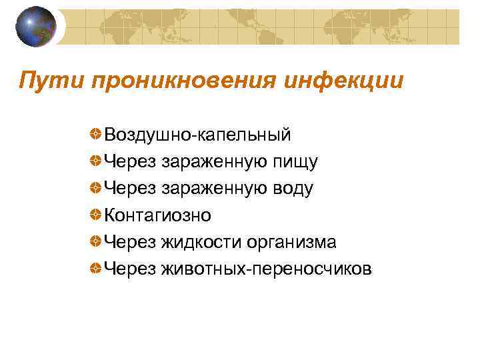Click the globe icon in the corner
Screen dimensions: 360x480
[x=36, y=26]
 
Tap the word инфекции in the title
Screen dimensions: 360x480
[x=345, y=82]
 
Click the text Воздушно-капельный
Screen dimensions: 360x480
[x=197, y=135]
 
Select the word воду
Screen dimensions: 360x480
[x=291, y=189]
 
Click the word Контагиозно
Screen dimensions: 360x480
[x=157, y=215]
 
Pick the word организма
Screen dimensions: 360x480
[x=291, y=242]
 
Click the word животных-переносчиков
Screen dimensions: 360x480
[x=266, y=269]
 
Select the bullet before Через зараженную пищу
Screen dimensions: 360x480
[x=97, y=161]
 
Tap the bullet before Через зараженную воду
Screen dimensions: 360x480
[x=97, y=188]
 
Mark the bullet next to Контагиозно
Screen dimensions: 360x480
[x=97, y=215]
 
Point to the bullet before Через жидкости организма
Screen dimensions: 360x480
[x=97, y=241]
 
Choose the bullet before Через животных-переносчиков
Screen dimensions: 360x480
[x=97, y=268]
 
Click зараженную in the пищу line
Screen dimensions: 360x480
[x=212, y=162]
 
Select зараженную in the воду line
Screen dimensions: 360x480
[x=212, y=189]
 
